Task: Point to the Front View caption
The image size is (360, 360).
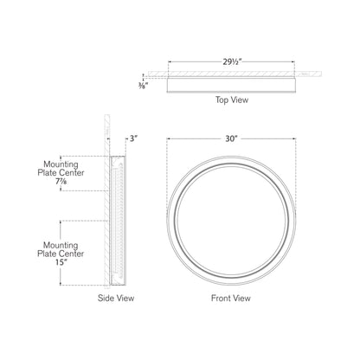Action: (x=231, y=298)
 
